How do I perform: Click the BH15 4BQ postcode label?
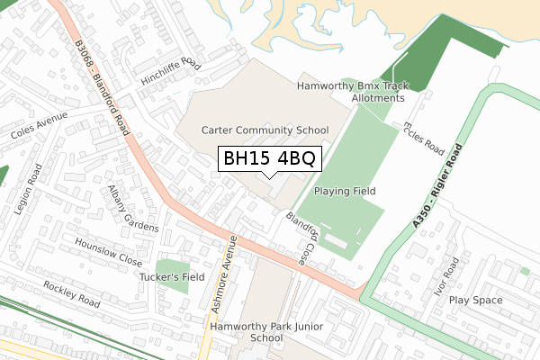coord(268,159)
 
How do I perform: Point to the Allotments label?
coord(378,98)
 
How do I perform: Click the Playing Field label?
coord(344,192)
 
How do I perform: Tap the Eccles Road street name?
coord(424,138)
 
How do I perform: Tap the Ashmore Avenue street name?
coord(223,274)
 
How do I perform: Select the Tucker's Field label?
coord(172,277)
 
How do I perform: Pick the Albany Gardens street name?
coord(132,209)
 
